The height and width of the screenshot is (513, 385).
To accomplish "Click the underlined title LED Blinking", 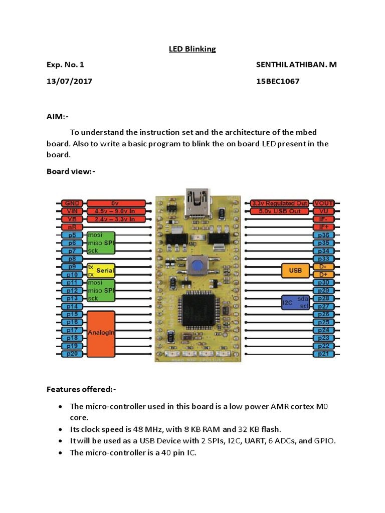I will (192, 49).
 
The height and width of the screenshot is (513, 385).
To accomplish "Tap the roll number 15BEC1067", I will (277, 81).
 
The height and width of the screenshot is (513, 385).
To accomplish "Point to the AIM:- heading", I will (58, 116).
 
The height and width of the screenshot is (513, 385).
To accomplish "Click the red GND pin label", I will (70, 203).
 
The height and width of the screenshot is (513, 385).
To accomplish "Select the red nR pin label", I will (70, 227).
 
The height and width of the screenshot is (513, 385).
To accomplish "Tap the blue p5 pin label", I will (70, 235).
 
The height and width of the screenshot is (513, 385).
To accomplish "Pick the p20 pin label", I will (70, 354).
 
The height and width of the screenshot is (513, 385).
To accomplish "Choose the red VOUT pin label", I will (324, 203).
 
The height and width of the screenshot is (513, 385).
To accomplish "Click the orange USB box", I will (295, 271).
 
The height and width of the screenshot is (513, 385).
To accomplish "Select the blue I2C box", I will (295, 302).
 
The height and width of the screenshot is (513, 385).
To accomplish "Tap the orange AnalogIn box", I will (101, 332).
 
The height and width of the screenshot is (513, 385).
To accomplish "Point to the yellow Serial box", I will (101, 271).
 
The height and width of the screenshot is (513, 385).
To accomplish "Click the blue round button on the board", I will (199, 266).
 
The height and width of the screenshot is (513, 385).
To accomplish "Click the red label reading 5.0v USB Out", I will (279, 211).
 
